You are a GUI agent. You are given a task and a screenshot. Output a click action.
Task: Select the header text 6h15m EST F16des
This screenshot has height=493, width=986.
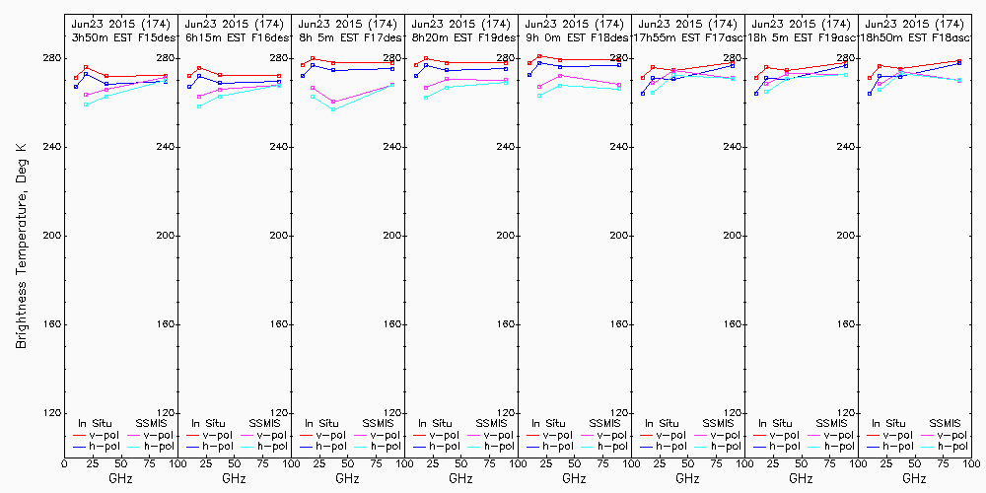[x=234, y=36]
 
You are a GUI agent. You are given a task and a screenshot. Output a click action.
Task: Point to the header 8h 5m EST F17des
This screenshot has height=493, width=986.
[x=347, y=36]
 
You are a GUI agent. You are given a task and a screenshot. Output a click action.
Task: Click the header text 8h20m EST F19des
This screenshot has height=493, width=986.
[x=460, y=36]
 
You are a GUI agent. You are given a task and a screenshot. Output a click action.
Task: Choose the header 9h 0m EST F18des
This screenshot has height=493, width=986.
[x=574, y=36]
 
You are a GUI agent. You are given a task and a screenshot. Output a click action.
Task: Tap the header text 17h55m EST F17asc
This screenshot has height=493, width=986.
[x=687, y=36]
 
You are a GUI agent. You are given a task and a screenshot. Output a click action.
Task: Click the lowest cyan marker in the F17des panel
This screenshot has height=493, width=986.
[x=333, y=109]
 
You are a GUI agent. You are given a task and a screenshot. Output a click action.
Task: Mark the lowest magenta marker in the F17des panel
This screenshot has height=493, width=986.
[x=333, y=102]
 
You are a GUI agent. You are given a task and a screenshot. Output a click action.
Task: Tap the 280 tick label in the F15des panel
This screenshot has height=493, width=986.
[x=166, y=58]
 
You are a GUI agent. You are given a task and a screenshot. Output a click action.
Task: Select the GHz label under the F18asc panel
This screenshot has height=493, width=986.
[x=914, y=478]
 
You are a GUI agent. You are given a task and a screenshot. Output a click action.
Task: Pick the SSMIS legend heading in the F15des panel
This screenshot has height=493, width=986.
[x=152, y=423]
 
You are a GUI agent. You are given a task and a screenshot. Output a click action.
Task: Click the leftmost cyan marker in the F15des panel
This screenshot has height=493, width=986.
[x=86, y=105]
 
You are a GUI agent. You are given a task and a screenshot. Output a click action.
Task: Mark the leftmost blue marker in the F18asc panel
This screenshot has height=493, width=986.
[x=870, y=94]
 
